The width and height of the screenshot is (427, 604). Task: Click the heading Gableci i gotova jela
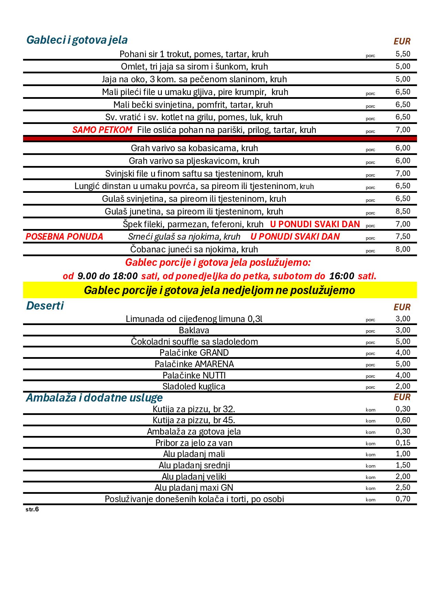click(x=77, y=40)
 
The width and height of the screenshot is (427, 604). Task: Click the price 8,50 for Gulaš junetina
click(x=403, y=211)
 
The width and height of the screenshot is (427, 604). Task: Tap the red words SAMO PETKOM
click(x=102, y=130)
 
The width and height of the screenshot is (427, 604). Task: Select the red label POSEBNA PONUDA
click(x=64, y=237)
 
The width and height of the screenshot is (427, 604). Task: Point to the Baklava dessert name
click(x=194, y=330)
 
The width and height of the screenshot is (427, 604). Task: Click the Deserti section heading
click(x=45, y=306)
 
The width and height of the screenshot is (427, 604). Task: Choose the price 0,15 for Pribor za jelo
click(x=403, y=442)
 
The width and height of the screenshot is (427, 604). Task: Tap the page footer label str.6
click(x=32, y=509)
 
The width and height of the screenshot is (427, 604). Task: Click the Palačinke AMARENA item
click(x=194, y=364)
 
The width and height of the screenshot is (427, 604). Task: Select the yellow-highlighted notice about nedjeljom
click(x=219, y=290)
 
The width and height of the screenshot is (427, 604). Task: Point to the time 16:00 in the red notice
click(x=342, y=276)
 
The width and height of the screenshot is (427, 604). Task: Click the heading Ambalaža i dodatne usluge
click(x=94, y=398)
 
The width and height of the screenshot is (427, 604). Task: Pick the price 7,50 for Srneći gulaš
click(x=403, y=236)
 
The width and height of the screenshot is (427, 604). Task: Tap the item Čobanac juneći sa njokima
click(x=194, y=249)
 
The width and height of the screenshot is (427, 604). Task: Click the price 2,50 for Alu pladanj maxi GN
click(x=403, y=487)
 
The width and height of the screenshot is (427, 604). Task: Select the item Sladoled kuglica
click(x=194, y=386)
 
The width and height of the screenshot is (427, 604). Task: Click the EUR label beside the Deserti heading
click(x=402, y=307)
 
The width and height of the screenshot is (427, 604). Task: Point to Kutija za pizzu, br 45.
click(x=194, y=420)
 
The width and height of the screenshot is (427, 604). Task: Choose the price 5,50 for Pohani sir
click(x=403, y=54)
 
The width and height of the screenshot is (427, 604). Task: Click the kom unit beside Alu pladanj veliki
click(x=371, y=477)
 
